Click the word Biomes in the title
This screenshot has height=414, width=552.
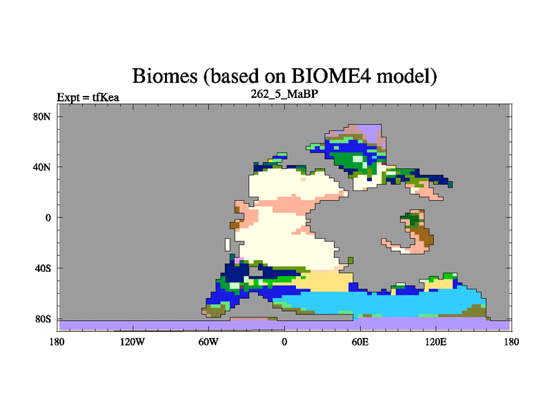[165, 76]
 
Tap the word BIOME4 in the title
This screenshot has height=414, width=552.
[331, 76]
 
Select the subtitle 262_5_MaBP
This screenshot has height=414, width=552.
[284, 94]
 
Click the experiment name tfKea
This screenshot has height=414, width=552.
[106, 97]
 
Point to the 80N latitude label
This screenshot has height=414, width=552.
[42, 117]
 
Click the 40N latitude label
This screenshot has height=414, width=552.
[42, 167]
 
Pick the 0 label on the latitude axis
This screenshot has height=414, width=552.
[48, 218]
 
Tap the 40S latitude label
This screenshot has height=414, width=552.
[43, 268]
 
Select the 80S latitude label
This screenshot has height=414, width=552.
[43, 319]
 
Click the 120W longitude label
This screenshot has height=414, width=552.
[132, 342]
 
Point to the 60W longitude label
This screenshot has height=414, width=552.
[208, 342]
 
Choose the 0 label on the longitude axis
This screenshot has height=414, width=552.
[284, 342]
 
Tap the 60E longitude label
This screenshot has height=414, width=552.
[360, 342]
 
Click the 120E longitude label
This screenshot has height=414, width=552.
[436, 342]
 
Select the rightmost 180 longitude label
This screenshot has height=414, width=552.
[511, 342]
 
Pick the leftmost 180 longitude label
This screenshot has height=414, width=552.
[57, 342]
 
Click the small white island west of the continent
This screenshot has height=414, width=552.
[228, 245]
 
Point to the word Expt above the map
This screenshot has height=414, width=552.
[68, 97]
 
